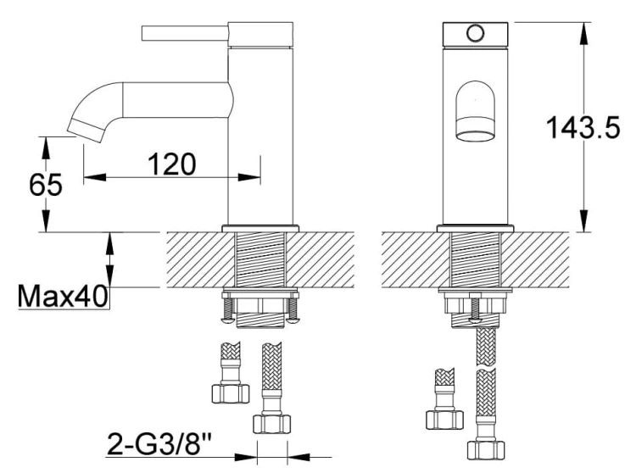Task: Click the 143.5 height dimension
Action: tap(583, 127)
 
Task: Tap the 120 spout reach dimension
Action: tap(171, 164)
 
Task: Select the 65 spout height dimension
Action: tap(46, 185)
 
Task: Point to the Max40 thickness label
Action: tap(63, 296)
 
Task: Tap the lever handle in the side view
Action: tap(185, 33)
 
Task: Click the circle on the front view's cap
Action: tap(475, 33)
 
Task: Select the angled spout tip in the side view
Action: tap(86, 130)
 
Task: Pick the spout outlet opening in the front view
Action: tap(476, 136)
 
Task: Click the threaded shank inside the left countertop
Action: tap(261, 259)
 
